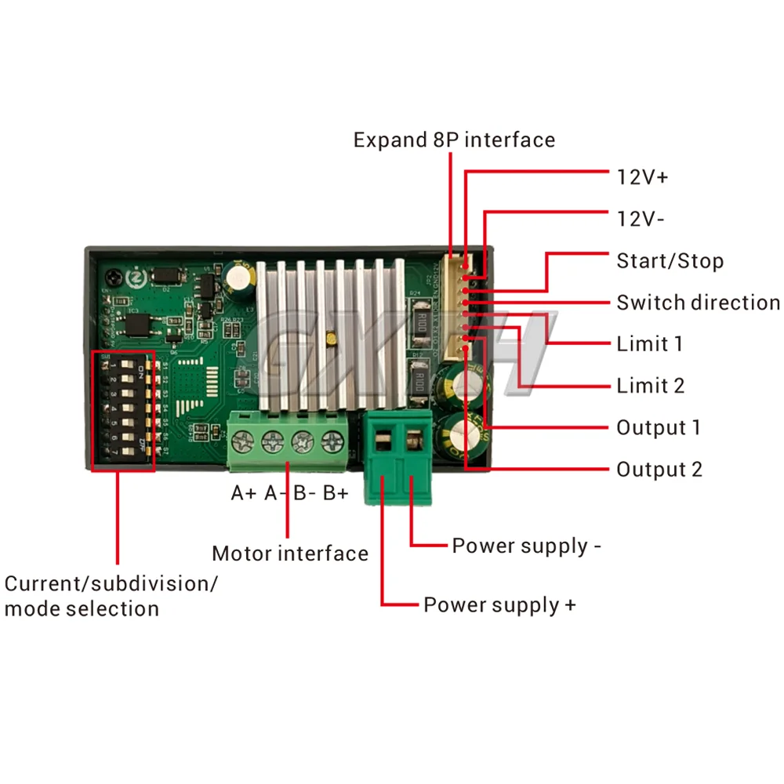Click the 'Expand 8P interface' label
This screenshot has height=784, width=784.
pos(454,140)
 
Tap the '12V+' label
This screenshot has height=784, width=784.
pos(642,177)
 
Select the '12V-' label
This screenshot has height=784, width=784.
pos(641,219)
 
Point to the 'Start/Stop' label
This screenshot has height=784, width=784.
pos(670,260)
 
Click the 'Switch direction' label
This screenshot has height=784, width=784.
pos(698,303)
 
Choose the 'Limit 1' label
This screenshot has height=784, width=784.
pos(649,344)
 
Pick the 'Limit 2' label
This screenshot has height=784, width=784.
pos(650,386)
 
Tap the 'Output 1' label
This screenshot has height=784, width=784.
pos(658,428)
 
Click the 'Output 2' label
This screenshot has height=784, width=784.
pos(659,470)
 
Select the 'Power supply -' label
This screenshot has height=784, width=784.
pos(526,546)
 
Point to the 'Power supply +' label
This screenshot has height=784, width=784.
pos(499,605)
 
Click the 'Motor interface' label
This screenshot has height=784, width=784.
pos(290,554)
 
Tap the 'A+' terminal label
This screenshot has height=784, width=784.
pos(244,494)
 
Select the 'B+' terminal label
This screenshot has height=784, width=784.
pos(336,494)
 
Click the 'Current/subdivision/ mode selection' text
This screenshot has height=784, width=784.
pos(111,596)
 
